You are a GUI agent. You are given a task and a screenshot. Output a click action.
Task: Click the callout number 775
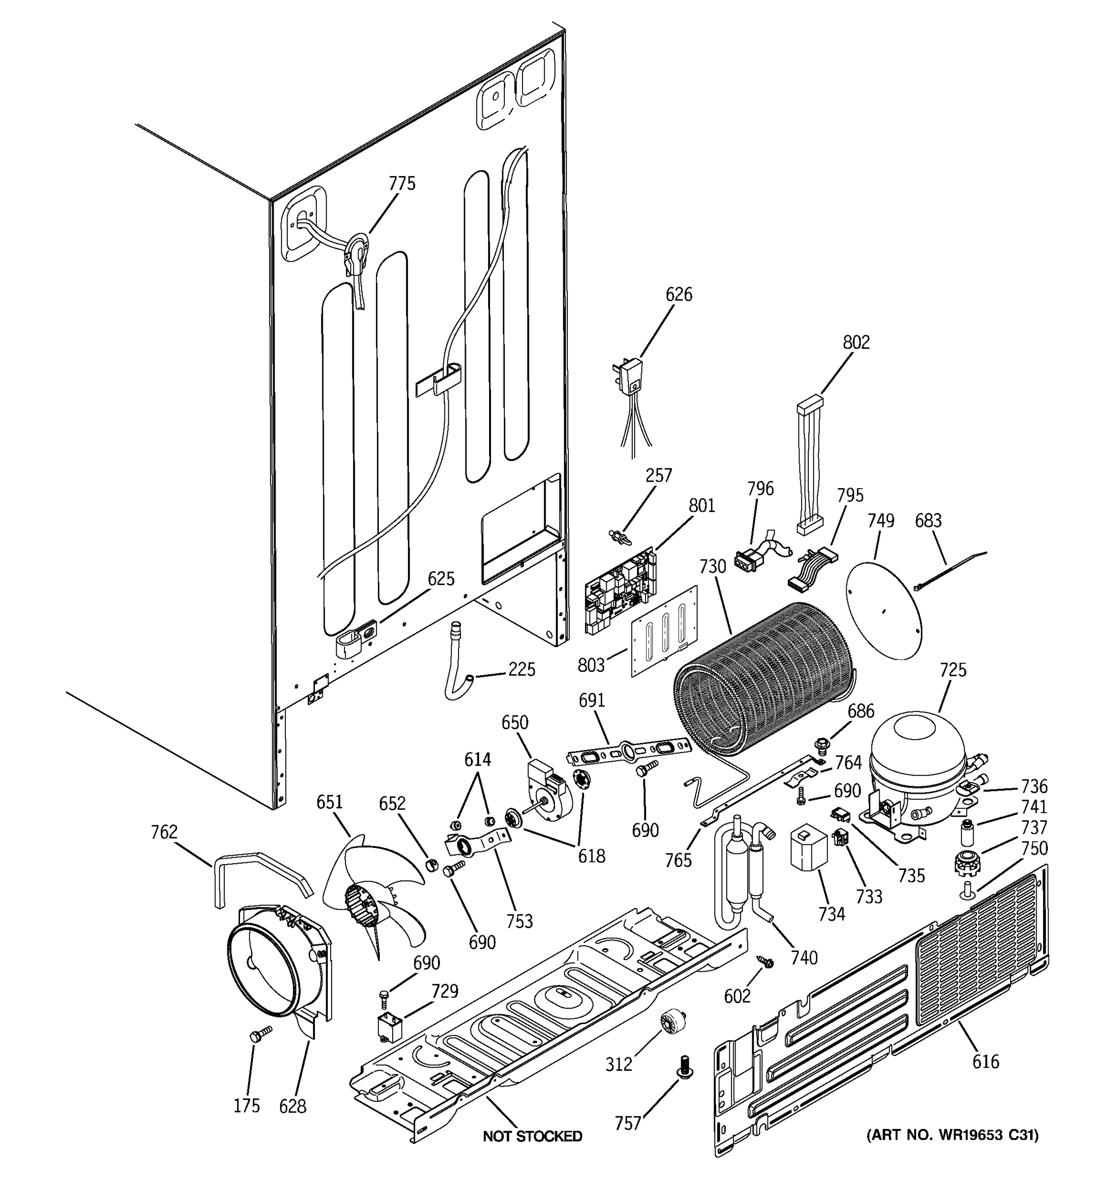(402, 184)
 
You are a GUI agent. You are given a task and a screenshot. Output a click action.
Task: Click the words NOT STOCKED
(532, 1136)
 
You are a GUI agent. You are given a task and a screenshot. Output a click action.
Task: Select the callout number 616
(986, 1061)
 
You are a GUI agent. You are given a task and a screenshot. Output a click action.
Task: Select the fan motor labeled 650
(548, 785)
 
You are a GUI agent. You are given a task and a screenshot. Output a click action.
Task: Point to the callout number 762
(164, 832)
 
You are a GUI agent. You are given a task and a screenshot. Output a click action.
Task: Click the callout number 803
(591, 665)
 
